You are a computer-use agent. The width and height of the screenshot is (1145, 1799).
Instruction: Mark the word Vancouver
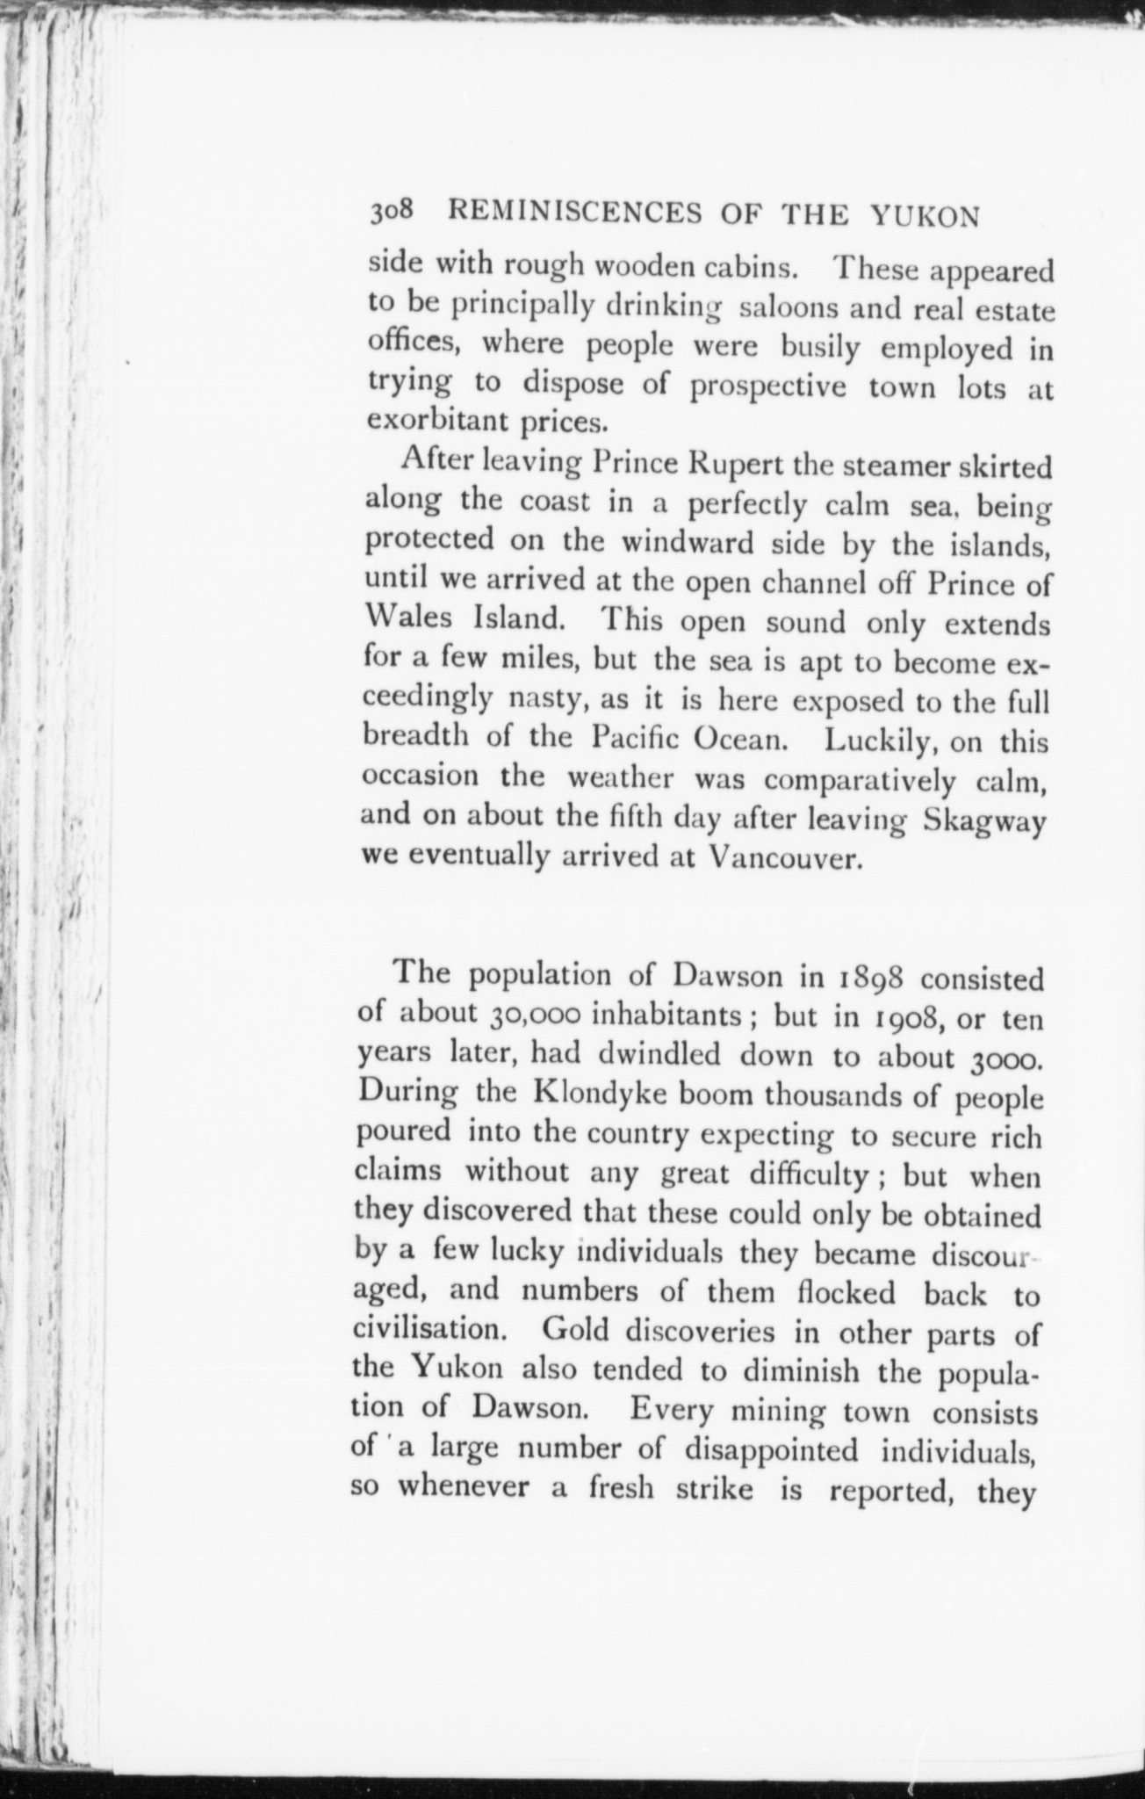point(781,857)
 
